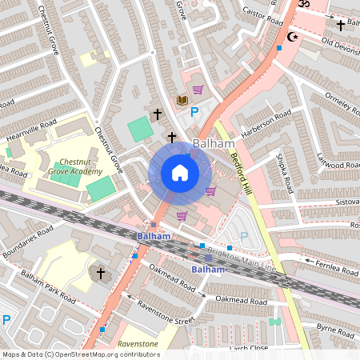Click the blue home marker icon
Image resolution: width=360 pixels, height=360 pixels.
coord(179,173)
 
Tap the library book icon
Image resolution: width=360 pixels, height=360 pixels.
coord(182,99)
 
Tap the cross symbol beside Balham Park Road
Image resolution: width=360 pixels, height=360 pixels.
coord(101,274)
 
